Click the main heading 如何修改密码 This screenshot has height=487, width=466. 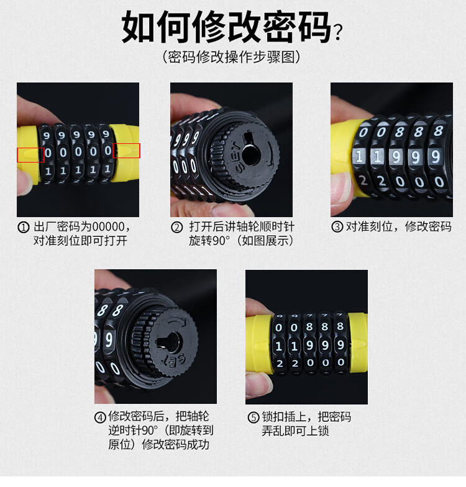click(226, 27)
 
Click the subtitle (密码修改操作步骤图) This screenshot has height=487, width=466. click(231, 57)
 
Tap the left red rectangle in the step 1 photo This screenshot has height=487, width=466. click(30, 154)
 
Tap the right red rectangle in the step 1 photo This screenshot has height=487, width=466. click(126, 151)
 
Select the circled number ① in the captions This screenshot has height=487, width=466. click(24, 227)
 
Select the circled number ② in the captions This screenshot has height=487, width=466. click(176, 227)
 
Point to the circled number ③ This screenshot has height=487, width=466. click(337, 226)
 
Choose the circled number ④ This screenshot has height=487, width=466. click(100, 417)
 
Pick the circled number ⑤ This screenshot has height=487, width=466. click(254, 417)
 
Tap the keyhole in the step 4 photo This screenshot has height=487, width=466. click(167, 342)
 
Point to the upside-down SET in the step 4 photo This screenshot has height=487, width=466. click(173, 360)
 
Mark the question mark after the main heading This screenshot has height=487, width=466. click(338, 32)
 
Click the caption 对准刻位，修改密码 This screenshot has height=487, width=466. click(398, 226)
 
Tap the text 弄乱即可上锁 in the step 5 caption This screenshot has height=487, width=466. click(295, 431)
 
